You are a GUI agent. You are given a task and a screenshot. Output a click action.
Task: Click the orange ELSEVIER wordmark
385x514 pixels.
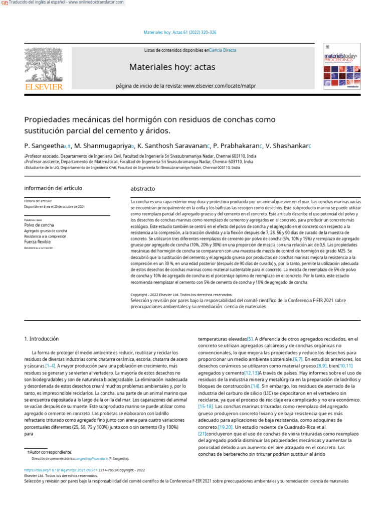pos(44,87)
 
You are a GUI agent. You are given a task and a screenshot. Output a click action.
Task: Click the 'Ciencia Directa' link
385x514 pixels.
pos(223,50)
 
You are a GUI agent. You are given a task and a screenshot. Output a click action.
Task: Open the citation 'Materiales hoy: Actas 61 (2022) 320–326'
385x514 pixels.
pos(180,33)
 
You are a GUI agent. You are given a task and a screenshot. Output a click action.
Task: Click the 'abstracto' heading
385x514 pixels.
pos(143,189)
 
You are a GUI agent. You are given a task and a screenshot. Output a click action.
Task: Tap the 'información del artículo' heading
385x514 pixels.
pos(53,188)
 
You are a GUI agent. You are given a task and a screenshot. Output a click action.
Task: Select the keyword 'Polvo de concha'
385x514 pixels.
pos(39,225)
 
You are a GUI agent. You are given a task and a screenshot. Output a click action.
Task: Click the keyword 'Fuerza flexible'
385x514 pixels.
pos(41,241)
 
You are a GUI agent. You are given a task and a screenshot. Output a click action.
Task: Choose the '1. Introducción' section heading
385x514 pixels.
pos(42,339)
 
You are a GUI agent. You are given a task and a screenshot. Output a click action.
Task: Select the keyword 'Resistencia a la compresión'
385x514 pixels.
pos(45,236)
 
